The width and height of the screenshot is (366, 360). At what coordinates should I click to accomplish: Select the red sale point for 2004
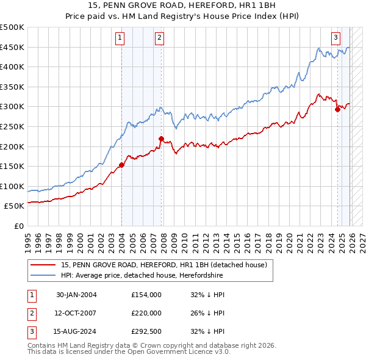click(x=121, y=165)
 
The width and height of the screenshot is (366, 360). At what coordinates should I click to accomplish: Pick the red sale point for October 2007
click(x=161, y=139)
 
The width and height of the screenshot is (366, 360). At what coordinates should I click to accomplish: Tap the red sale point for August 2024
click(x=337, y=110)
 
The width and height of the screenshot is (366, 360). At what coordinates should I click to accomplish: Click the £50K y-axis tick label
click(x=15, y=206)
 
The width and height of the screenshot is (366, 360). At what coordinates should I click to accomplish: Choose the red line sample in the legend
click(x=43, y=265)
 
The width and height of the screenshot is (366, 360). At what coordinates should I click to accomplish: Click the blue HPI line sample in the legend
click(x=43, y=276)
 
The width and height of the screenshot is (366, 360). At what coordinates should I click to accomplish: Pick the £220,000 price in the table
click(x=146, y=313)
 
